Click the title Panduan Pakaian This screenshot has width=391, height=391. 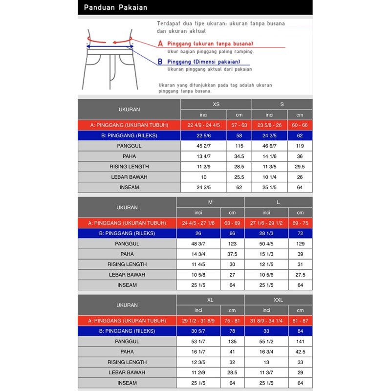[x=115, y=7]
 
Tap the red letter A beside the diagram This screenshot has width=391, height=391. [x=160, y=44]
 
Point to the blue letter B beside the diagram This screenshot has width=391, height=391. [x=160, y=62]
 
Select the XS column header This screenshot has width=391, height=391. [x=216, y=105]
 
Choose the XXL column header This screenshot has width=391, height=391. [x=278, y=300]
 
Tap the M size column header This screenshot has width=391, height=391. [x=210, y=202]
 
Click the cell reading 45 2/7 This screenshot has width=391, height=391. [x=204, y=146]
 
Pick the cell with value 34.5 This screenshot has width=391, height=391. [x=239, y=156]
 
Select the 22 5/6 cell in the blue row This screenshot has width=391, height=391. [x=204, y=135]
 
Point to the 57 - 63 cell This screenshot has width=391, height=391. [x=239, y=125]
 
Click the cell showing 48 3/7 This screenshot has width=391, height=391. [x=198, y=243]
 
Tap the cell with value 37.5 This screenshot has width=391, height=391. [x=232, y=254]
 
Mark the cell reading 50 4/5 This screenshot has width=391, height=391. [x=266, y=243]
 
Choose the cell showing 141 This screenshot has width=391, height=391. [x=300, y=341]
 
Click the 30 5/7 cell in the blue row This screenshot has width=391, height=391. [x=198, y=331]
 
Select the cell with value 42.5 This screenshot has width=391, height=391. [x=300, y=351]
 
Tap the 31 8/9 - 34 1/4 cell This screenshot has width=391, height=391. [x=266, y=321]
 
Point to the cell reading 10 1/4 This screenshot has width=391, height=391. [x=269, y=177]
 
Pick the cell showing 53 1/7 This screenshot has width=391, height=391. [x=198, y=341]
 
